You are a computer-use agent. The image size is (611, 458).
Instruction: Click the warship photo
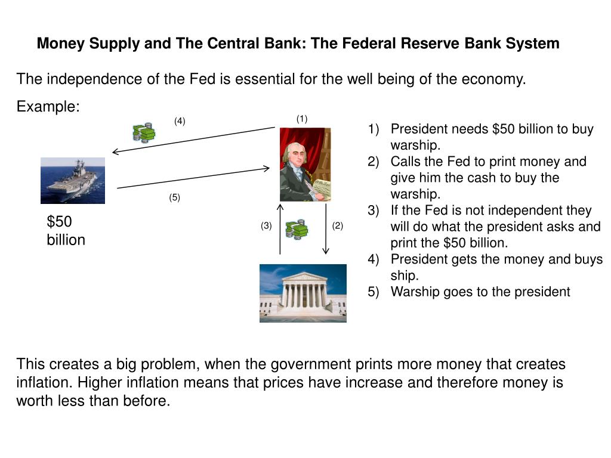pos(73,180)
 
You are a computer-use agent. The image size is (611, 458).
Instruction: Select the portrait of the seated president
pos(305,165)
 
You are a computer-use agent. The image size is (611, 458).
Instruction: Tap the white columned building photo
pos(303,293)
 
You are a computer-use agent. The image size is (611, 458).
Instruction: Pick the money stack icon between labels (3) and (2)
pos(297,228)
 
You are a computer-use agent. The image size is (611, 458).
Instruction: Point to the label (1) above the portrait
pos(302,119)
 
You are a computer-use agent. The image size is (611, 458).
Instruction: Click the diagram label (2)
pos(338,225)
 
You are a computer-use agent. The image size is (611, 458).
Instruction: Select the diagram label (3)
pos(266,225)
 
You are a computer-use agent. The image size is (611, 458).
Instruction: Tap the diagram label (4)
pos(180,121)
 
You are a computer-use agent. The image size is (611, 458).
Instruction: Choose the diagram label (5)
pos(174,198)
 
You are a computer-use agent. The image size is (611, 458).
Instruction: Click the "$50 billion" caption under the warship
pos(66,231)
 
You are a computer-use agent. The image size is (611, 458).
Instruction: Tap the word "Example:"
pos(48,107)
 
